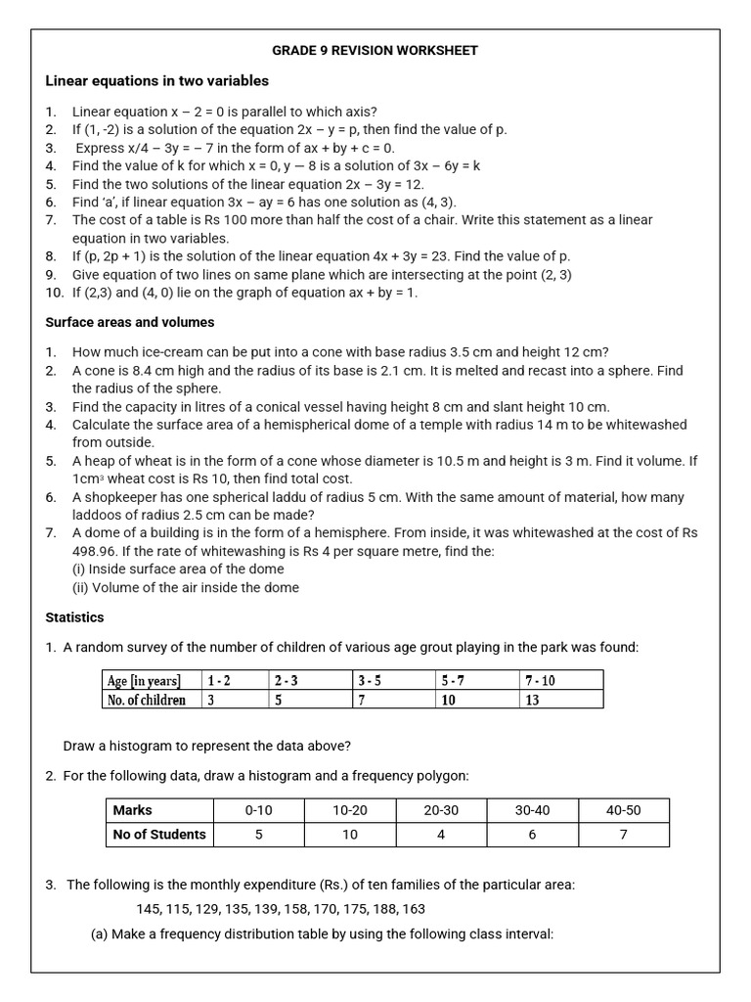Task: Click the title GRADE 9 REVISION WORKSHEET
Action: coord(374,50)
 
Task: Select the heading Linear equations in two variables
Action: coord(157,81)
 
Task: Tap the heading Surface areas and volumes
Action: coord(130,322)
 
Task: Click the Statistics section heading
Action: coord(74,617)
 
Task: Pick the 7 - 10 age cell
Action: coord(540,680)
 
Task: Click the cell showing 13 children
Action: coord(532,700)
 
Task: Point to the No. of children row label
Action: coord(146,700)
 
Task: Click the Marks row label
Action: coord(133,810)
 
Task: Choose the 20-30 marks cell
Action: coord(441,810)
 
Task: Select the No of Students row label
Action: coord(159,835)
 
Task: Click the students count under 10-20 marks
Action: coord(350,835)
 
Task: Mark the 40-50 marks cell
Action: coord(623,810)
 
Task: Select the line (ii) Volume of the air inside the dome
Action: coord(186,587)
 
